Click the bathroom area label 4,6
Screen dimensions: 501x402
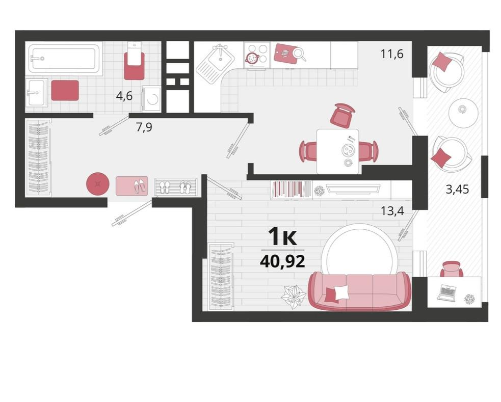pos(124,96)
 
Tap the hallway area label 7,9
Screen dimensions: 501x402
pos(144,127)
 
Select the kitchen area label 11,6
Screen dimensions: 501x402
pos(392,54)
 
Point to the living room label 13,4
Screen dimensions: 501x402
pos(392,211)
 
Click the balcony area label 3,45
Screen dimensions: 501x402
pos(457,190)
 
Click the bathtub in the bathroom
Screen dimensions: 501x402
pos(64,59)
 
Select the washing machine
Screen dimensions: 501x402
pos(151,99)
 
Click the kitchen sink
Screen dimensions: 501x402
pos(216,61)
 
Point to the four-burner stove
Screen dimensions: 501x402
pos(256,55)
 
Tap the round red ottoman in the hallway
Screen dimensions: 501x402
pos(98,184)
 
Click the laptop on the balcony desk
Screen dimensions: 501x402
pos(446,293)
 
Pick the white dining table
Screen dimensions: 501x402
pos(338,151)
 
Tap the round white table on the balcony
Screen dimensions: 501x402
pos(463,112)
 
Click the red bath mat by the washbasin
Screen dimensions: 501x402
pos(65,90)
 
